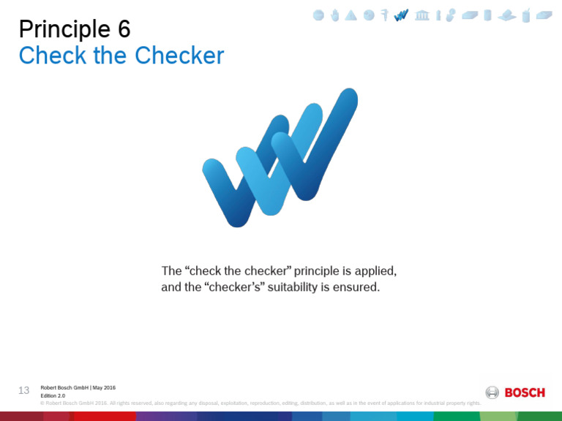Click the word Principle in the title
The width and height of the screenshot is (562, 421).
pos(64,30)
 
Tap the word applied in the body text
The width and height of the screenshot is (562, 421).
pos(374,271)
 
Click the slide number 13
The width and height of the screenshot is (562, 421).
pos(23,390)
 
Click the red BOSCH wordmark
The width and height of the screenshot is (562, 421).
pos(525,392)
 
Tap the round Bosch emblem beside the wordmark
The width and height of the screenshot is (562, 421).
pos(492,392)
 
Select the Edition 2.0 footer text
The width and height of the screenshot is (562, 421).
pos(53,395)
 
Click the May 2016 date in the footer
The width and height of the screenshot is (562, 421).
pos(104,387)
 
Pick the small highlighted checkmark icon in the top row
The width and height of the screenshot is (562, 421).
pos(401,15)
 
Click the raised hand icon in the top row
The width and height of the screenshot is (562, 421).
pos(335,15)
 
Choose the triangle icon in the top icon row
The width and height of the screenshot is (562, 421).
pos(351,15)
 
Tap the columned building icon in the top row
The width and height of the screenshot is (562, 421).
pos(422,15)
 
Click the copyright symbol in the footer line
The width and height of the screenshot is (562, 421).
pos(42,403)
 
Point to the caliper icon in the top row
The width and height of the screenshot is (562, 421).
pos(385,15)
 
